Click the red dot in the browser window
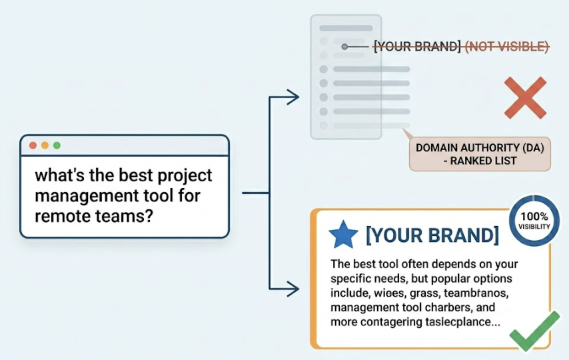click(33, 145)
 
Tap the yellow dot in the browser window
click(45, 145)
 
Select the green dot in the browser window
click(57, 145)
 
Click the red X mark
click(524, 97)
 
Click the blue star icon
click(344, 235)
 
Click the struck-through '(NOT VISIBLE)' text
click(506, 47)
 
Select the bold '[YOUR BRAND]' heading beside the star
click(432, 235)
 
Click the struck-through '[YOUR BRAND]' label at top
click(417, 47)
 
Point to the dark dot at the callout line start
click(344, 47)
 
